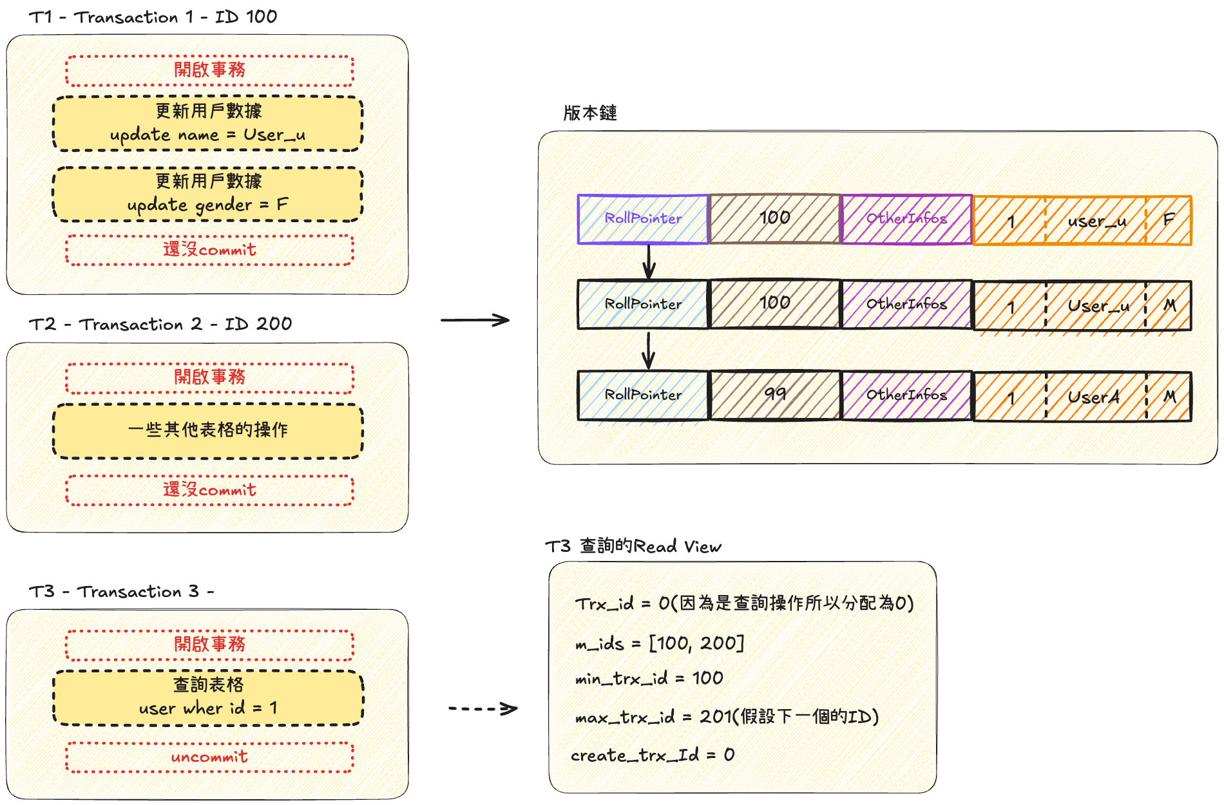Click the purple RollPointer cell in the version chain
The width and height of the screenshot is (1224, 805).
[x=643, y=219]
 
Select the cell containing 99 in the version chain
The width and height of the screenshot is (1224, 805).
[x=774, y=394]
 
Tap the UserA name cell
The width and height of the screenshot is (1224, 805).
[x=1095, y=397]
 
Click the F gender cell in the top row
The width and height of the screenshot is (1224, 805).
[x=1169, y=220]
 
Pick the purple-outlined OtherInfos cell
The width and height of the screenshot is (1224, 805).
[x=906, y=219]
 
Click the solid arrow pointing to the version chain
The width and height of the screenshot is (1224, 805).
[x=475, y=320]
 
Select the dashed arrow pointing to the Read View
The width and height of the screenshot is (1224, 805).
[x=483, y=709]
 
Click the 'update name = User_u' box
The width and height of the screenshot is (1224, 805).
[x=207, y=124]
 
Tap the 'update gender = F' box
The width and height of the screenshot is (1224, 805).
[x=207, y=194]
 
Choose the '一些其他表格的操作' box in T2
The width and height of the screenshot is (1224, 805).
[x=207, y=431]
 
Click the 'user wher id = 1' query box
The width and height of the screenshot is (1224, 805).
[x=207, y=697]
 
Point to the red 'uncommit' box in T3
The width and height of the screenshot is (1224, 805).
[x=209, y=757]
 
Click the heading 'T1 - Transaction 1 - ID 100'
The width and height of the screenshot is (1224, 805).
[x=153, y=17]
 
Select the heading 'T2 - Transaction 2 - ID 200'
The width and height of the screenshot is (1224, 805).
[x=160, y=324]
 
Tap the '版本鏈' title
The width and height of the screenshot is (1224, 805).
[x=590, y=113]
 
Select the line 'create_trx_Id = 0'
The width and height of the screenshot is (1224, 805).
[x=652, y=755]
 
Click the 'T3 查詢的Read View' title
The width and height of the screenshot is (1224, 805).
[x=633, y=547]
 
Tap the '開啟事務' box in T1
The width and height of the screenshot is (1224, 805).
[x=209, y=70]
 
